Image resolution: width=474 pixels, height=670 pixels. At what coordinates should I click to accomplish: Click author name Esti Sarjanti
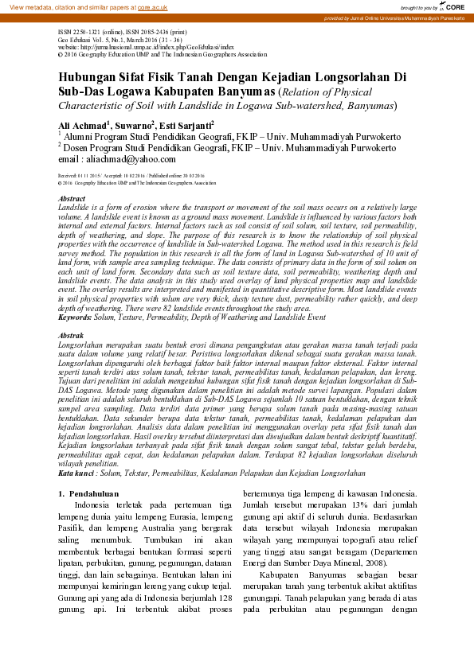click(186, 127)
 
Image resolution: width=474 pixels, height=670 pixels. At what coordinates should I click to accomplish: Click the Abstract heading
click(72, 198)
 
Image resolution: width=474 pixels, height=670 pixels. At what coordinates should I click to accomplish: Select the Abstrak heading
click(72, 337)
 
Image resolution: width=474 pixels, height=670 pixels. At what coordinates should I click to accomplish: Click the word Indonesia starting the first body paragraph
click(100, 505)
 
